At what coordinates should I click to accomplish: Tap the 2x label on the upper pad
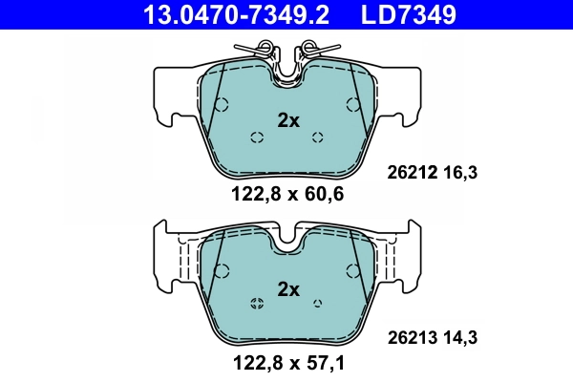tap(287, 120)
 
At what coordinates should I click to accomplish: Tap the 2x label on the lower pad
tap(287, 289)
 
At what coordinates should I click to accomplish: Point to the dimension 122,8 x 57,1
tap(287, 363)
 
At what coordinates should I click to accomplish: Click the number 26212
tap(412, 173)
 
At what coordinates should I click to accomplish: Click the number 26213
tap(412, 336)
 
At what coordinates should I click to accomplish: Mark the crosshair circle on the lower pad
tap(256, 305)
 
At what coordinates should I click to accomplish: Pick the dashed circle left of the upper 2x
tap(256, 137)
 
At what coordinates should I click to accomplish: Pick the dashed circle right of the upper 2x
tap(319, 137)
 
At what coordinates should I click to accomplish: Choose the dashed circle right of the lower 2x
tap(319, 305)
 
